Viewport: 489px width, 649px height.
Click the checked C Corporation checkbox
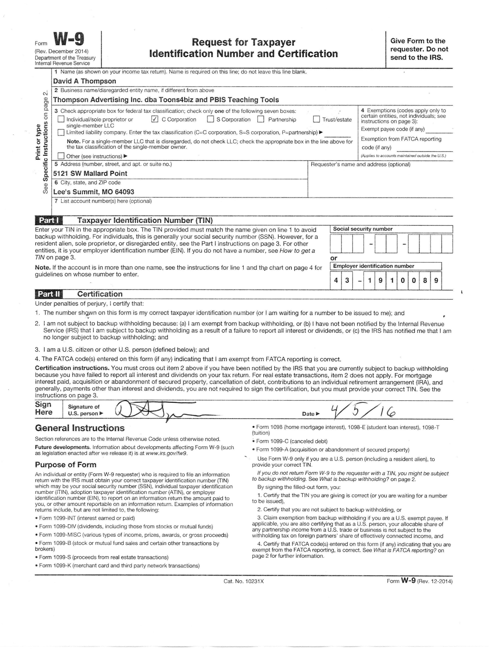point(155,119)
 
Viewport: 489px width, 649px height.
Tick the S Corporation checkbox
point(210,119)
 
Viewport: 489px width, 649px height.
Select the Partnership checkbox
point(261,119)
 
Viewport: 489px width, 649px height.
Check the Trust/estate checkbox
point(316,119)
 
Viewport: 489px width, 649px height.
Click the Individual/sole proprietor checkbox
point(61,119)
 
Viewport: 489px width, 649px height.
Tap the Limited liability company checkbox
point(61,132)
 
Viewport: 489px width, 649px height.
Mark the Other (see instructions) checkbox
point(61,156)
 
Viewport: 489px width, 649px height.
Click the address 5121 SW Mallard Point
point(90,173)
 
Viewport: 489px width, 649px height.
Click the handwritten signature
point(153,411)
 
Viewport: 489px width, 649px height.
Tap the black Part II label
point(48,294)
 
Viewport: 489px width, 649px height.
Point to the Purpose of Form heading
point(65,465)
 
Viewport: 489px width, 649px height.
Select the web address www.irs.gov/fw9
point(166,453)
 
